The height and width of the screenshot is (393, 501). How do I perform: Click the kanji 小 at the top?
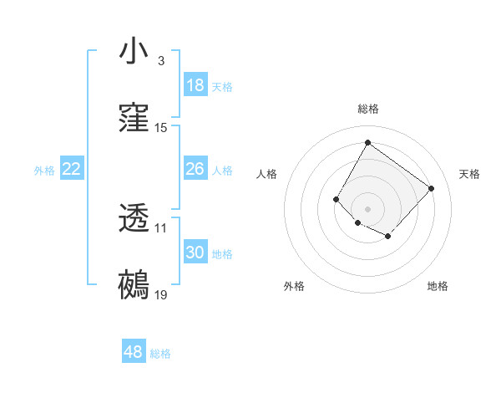[x=134, y=51]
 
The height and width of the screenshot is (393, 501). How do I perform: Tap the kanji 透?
[x=134, y=218]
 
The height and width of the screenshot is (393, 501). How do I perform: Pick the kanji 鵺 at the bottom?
[x=134, y=285]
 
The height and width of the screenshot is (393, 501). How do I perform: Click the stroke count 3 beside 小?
[x=160, y=61]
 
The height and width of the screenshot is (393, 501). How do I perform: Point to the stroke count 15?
[x=161, y=128]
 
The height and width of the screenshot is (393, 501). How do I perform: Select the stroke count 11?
[x=161, y=227]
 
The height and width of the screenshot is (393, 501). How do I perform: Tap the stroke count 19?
[x=161, y=295]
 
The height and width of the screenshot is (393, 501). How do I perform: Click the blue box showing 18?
[x=195, y=85]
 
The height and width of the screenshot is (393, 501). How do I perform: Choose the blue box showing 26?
[x=195, y=169]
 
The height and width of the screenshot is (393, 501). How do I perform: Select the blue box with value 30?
[x=195, y=253]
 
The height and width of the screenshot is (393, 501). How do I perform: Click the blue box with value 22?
[x=72, y=169]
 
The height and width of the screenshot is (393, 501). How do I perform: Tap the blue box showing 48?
[x=134, y=352]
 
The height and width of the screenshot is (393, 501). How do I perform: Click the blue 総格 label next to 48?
[x=160, y=354]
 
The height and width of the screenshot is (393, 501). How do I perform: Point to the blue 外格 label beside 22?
[x=44, y=171]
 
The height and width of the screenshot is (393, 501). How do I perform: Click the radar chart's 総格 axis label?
[x=367, y=109]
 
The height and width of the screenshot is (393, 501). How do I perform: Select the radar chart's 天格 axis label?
[x=469, y=174]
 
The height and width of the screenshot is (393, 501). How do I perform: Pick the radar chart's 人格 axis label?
[x=267, y=174]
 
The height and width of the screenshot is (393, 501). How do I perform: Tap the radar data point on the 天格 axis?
[x=431, y=188]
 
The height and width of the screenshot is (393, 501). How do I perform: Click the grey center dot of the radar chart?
[x=367, y=208]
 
